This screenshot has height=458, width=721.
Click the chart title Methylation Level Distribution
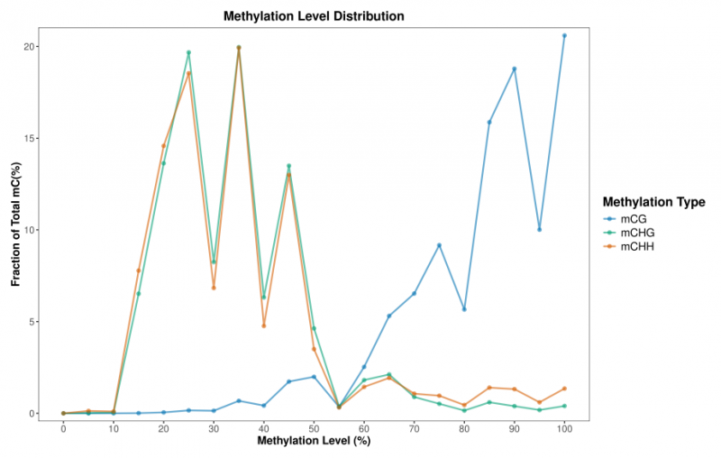coord(314,16)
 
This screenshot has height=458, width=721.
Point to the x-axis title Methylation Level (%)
coord(314,442)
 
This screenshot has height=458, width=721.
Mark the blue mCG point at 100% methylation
coord(564,35)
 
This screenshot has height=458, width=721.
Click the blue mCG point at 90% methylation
coord(515,69)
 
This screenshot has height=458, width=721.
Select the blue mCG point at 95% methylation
coord(539,229)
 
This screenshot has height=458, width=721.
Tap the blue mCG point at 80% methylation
coord(464,309)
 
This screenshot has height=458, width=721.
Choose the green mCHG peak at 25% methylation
coord(188,52)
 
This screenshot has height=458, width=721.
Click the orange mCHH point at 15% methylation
coord(139,270)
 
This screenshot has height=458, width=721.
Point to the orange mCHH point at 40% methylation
coord(264,325)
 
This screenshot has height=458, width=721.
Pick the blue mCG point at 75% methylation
coord(439,245)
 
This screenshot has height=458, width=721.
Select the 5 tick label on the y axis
coord(39,322)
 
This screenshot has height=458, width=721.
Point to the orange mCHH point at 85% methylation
coord(489,388)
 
